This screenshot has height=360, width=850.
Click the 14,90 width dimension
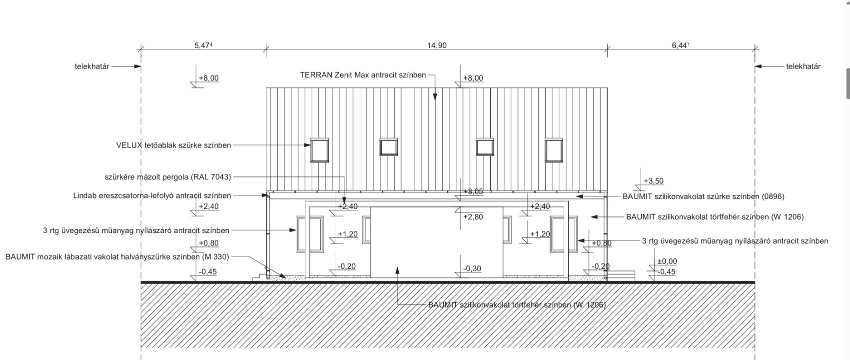[437, 45]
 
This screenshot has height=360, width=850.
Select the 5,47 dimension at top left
[203, 45]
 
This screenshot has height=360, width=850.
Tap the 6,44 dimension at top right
[681, 45]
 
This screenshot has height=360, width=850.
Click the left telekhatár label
[92, 66]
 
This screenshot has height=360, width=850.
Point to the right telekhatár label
[804, 66]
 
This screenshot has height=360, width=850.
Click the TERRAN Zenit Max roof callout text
[363, 75]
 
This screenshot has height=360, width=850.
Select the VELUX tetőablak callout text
[173, 145]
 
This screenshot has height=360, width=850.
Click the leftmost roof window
[319, 150]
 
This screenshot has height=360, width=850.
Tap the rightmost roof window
[554, 150]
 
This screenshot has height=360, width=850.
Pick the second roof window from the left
[389, 147]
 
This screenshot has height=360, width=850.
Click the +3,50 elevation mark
[654, 181]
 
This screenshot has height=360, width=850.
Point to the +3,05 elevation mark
[473, 191]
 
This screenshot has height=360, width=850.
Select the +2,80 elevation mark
[473, 217]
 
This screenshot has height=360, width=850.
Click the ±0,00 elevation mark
[667, 261]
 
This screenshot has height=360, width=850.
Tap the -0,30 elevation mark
[472, 268]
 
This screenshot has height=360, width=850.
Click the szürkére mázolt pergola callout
[168, 177]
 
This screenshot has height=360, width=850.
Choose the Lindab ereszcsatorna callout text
[152, 195]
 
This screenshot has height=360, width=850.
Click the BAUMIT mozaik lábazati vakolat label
[117, 257]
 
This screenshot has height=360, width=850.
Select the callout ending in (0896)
[704, 196]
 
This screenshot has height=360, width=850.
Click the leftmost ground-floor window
[310, 234]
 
